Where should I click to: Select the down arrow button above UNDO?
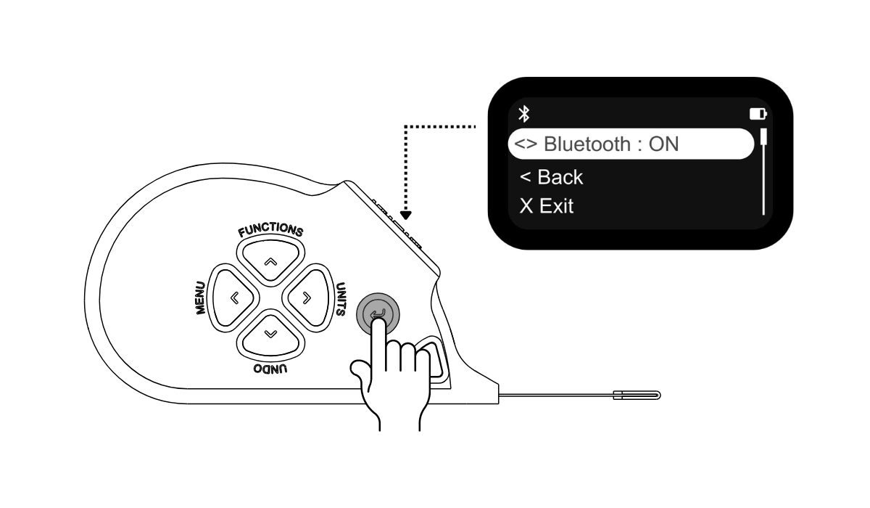click(270, 336)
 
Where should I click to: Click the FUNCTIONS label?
click(270, 230)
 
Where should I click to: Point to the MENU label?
click(200, 298)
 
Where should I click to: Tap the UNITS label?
click(341, 299)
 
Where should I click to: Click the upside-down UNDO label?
click(270, 369)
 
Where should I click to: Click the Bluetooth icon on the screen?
click(524, 114)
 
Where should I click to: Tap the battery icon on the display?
click(758, 114)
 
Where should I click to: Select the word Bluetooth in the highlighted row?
click(587, 144)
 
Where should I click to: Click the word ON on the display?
click(664, 144)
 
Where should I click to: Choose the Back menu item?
click(551, 177)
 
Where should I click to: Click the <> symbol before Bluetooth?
click(526, 144)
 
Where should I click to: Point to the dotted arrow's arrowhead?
click(406, 216)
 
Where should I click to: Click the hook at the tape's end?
click(637, 396)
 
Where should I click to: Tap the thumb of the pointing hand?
click(360, 369)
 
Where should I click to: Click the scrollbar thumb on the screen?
click(763, 136)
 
